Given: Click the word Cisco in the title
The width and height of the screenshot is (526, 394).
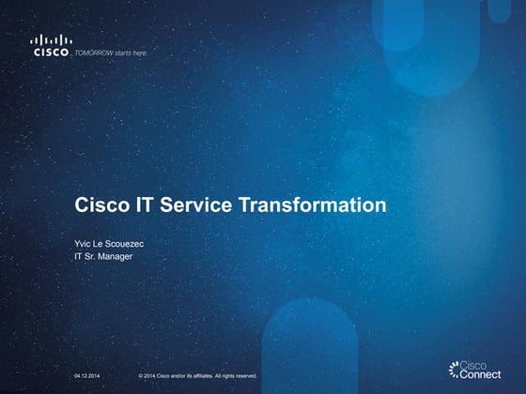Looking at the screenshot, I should tap(101, 205).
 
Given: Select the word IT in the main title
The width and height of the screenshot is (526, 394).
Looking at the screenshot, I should tap(142, 205).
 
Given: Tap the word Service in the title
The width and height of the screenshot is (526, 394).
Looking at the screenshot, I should tap(193, 205).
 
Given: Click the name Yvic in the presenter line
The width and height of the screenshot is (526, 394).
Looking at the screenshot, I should tap(83, 242).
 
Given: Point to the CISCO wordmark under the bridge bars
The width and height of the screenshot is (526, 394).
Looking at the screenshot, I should tap(50, 53).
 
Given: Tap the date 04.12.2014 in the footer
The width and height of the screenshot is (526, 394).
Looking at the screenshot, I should tap(87, 375).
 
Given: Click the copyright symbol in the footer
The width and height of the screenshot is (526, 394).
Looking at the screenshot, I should tap(140, 375).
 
